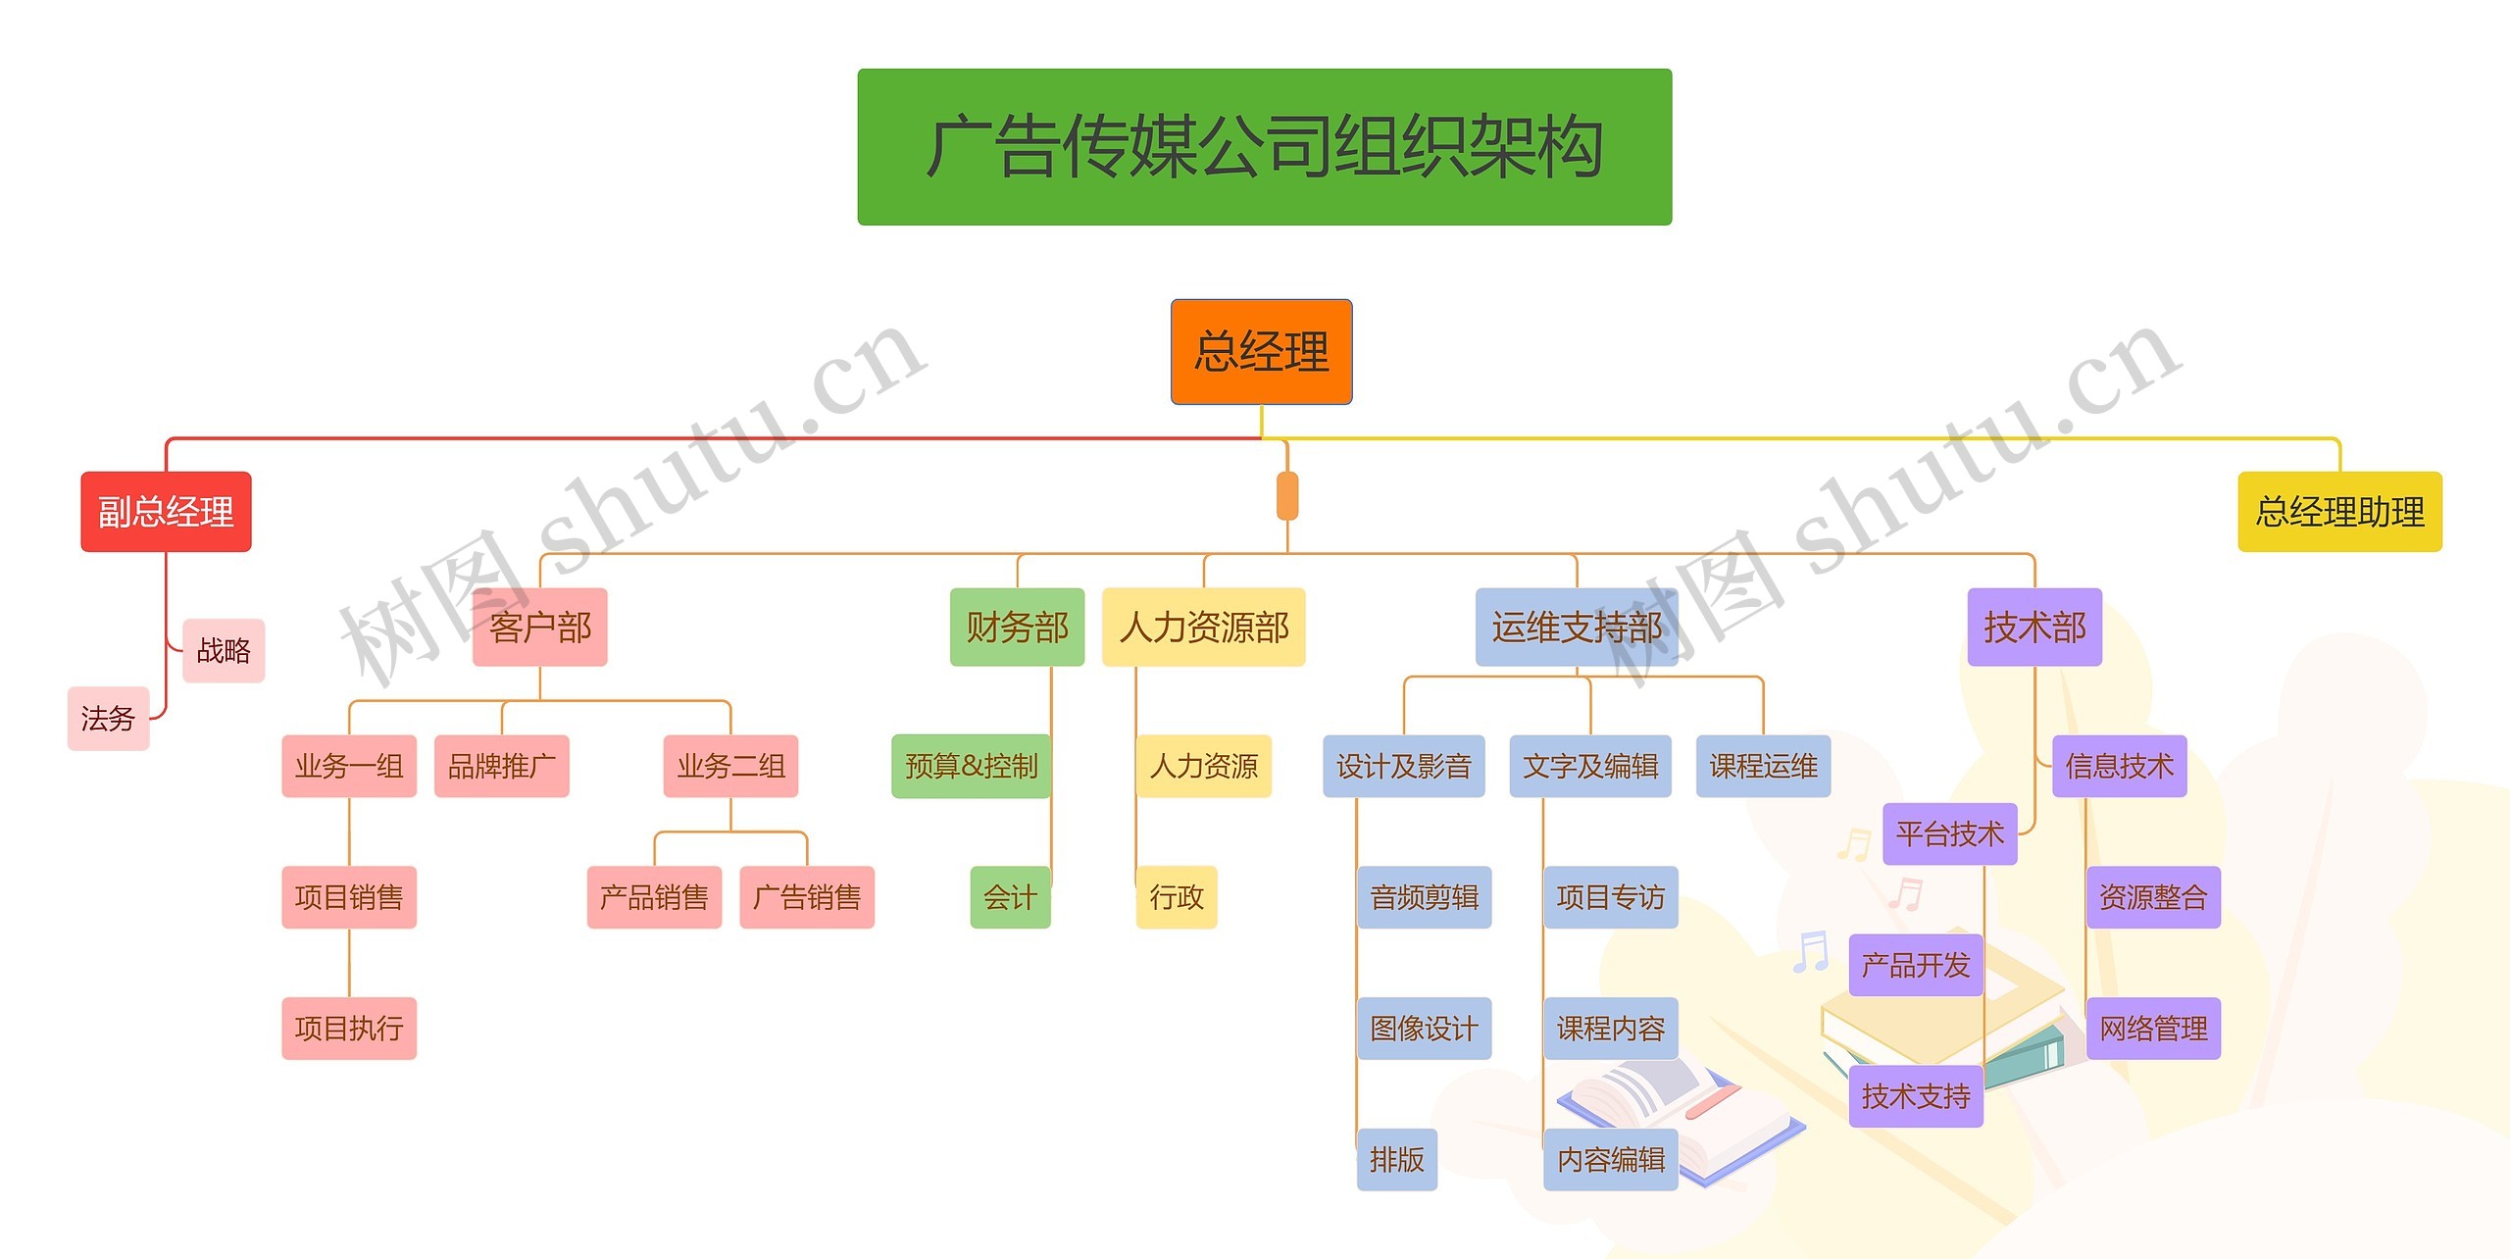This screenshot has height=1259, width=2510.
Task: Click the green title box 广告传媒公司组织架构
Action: [1264, 147]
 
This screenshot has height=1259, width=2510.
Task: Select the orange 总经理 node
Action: [1261, 352]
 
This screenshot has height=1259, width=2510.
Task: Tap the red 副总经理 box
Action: [166, 512]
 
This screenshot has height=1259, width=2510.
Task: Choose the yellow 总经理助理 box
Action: [2339, 512]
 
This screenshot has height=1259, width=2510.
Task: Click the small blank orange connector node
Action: [1287, 496]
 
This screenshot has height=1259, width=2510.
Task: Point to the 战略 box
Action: [224, 650]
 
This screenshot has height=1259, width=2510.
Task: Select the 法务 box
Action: [108, 719]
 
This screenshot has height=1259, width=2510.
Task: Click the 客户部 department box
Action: [540, 628]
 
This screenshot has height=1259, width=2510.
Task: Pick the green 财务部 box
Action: [1017, 628]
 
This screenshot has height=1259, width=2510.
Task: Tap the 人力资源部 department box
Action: [1203, 628]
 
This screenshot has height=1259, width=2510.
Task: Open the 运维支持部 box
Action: [1577, 628]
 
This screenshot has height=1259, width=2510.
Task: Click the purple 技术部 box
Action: [2034, 628]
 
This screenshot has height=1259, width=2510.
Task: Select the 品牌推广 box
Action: [501, 766]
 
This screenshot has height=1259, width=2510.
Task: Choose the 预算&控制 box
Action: [971, 766]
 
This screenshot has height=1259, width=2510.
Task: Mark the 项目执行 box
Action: [349, 1029]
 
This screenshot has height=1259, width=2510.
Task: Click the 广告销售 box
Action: [807, 897]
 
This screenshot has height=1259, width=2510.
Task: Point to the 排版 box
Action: [1397, 1160]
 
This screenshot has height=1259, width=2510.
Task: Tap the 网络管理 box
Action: [2153, 1029]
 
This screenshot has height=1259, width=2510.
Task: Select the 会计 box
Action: [1010, 897]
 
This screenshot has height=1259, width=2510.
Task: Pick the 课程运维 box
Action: [1763, 766]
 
